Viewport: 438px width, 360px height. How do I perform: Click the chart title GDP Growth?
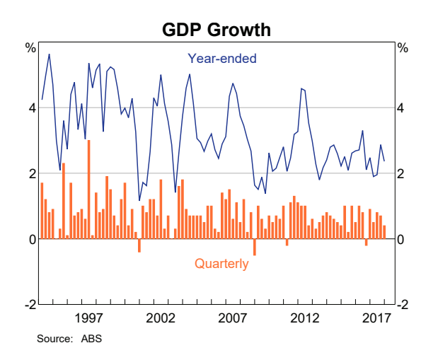pos(217,30)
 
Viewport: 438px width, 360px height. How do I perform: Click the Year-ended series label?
pos(221,59)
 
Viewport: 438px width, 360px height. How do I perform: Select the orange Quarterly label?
pos(221,264)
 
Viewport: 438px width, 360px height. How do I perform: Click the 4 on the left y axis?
pos(31,108)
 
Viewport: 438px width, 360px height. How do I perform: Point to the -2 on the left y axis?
pos(30,305)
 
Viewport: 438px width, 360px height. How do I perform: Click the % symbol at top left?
pos(30,49)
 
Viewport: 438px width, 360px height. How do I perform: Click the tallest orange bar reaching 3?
pos(88,189)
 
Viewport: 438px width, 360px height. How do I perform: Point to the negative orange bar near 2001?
pos(139,245)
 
